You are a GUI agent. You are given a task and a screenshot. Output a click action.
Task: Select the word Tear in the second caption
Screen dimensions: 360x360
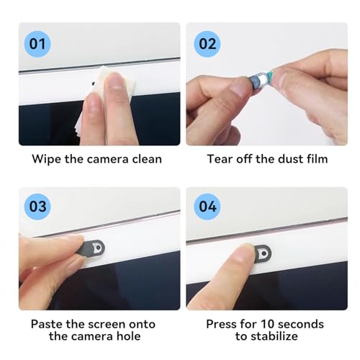(x=219, y=159)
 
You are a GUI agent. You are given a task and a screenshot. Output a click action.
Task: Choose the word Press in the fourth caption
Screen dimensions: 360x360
(x=221, y=323)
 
